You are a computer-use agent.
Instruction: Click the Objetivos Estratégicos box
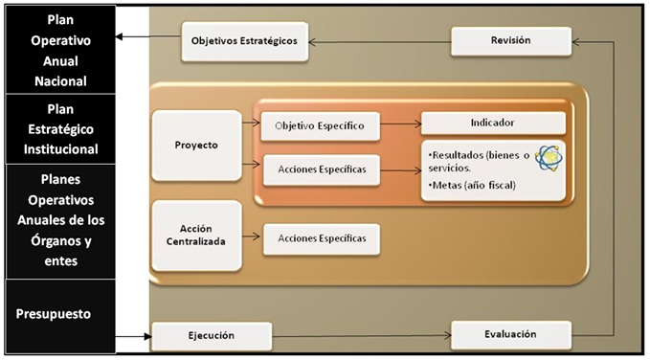(x=244, y=41)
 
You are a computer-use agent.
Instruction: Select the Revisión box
(x=511, y=40)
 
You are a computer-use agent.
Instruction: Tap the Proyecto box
(x=197, y=145)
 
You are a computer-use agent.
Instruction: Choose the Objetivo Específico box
(x=320, y=125)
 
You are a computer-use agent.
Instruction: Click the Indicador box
(x=492, y=124)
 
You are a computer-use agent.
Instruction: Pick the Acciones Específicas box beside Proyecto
(x=320, y=169)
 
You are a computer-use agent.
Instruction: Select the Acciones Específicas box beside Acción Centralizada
(x=322, y=237)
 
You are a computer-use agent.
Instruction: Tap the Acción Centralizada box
(x=196, y=234)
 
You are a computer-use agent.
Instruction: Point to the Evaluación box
(x=510, y=335)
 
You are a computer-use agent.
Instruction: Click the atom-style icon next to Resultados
(x=549, y=157)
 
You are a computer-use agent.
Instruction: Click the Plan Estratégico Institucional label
(x=59, y=127)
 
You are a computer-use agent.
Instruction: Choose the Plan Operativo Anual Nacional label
(x=59, y=49)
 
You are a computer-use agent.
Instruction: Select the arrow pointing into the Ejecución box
(x=134, y=336)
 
